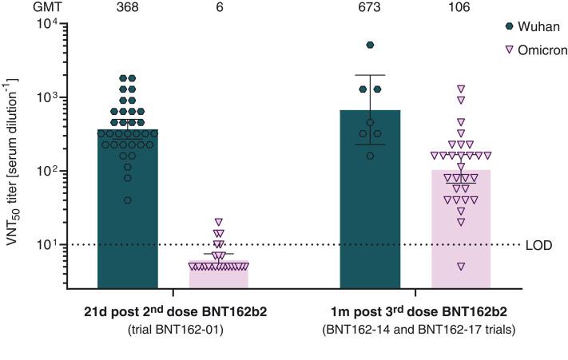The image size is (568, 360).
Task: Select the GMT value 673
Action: (370, 8)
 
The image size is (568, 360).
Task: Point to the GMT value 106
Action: (461, 8)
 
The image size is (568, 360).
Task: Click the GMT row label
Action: (26, 8)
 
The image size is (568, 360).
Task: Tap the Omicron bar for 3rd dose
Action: (461, 239)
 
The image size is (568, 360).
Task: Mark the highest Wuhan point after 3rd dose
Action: (370, 45)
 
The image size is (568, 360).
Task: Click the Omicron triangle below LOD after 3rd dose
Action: (461, 266)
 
